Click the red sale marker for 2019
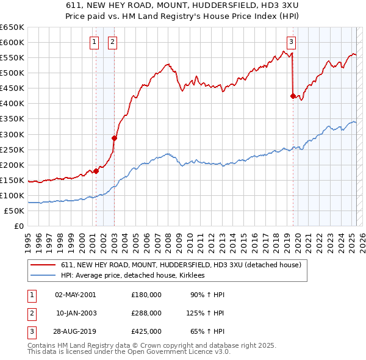coord(293,95)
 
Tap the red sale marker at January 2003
coord(114,137)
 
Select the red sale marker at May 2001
coord(96,171)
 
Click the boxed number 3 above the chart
coord(292,42)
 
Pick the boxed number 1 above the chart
coord(95,42)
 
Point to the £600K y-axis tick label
coord(12,42)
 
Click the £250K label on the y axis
coord(12,149)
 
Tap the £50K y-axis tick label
coord(15,211)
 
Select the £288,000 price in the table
coord(146,312)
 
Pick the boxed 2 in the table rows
coord(31,312)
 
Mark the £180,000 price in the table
coord(146,295)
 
